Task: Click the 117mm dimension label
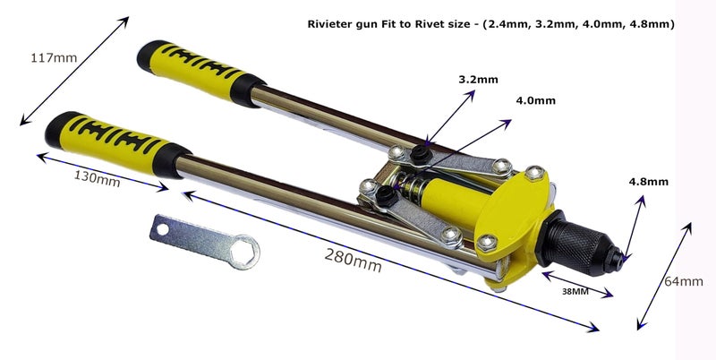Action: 54,58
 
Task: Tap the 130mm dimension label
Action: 98,177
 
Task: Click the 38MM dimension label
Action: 575,291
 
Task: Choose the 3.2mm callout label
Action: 478,80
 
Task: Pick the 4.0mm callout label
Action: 535,100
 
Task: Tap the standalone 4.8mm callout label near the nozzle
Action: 648,182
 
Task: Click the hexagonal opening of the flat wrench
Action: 244,252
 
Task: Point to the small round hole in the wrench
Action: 162,229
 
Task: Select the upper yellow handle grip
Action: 200,71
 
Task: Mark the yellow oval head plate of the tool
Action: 511,210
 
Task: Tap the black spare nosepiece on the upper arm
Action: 421,155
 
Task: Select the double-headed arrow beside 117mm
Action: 74,71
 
